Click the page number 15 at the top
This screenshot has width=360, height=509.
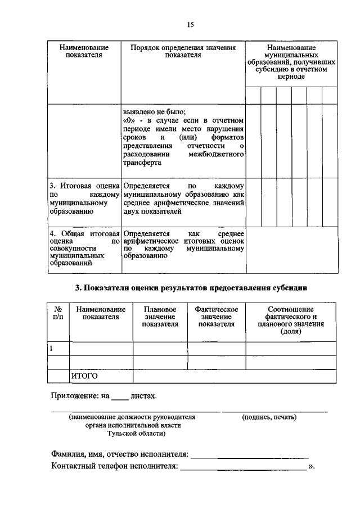pyautogui.click(x=190, y=25)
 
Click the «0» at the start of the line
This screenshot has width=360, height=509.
pyautogui.click(x=128, y=120)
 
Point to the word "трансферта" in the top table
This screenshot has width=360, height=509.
pyautogui.click(x=142, y=163)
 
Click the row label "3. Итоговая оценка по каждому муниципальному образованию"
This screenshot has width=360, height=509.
pyautogui.click(x=84, y=199)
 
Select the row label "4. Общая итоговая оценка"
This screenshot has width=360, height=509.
pyautogui.click(x=84, y=248)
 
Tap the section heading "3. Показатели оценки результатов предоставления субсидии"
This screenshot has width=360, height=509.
pyautogui.click(x=191, y=288)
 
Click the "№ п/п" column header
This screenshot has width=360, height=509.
pyautogui.click(x=57, y=313)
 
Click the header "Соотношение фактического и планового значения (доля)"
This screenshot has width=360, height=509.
pyautogui.click(x=291, y=321)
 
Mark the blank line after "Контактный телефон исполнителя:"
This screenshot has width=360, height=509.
pyautogui.click(x=243, y=468)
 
